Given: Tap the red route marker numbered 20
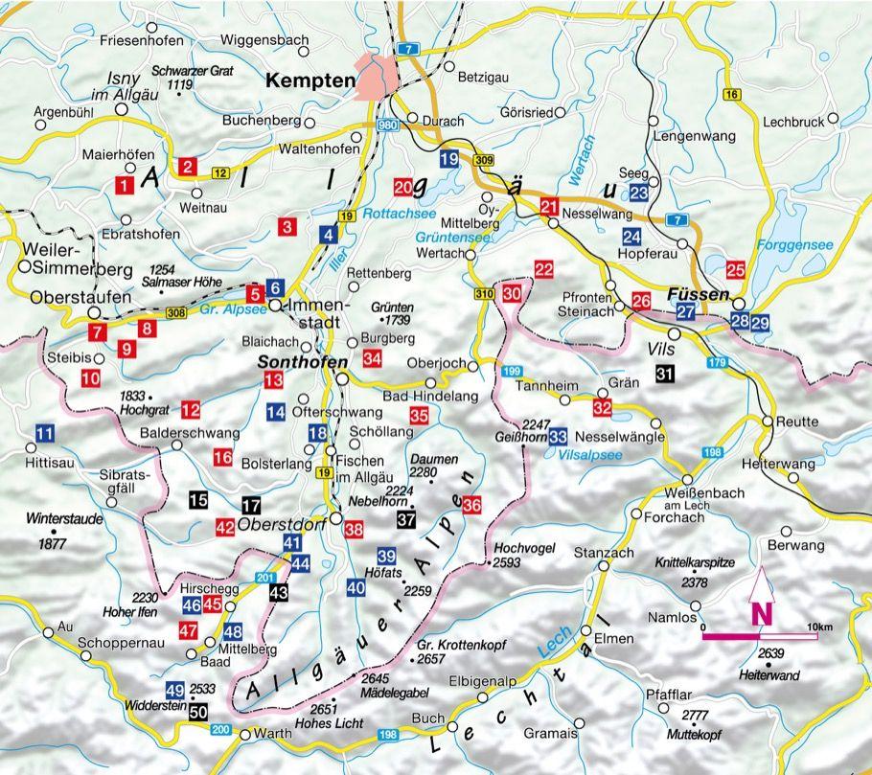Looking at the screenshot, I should [x=403, y=185].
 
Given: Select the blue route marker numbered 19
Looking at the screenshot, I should [x=448, y=160].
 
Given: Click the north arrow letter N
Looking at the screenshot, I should [x=763, y=611].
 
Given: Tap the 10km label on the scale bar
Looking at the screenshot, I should [x=819, y=626].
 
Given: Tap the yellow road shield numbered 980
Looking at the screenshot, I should [x=387, y=125].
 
